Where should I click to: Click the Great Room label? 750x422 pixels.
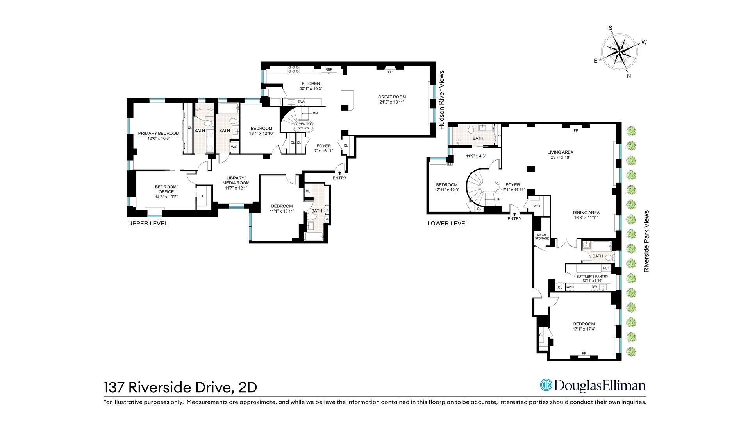point(392,97)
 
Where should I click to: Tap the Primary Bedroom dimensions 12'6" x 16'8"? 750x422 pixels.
point(159,138)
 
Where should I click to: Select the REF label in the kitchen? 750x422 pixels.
point(329,70)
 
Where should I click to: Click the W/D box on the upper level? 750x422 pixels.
point(234,147)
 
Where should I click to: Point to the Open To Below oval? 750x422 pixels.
point(303,126)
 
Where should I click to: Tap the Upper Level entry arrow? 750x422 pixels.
point(339,172)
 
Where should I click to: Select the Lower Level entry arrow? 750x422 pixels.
point(514,213)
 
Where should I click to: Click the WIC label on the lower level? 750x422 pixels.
point(537,206)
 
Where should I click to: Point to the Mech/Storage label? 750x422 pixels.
point(542,236)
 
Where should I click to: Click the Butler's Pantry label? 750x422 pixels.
point(592,276)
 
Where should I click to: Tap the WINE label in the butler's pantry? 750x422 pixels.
point(570,287)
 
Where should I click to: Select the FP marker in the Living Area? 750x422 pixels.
point(576,131)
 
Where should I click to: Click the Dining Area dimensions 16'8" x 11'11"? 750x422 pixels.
point(586,218)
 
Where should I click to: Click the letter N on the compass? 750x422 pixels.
point(629,76)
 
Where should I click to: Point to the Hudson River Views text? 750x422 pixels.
point(442,100)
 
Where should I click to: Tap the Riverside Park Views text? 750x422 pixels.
point(646,241)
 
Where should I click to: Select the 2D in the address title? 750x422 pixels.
point(247,387)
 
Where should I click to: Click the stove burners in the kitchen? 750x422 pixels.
point(293,70)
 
